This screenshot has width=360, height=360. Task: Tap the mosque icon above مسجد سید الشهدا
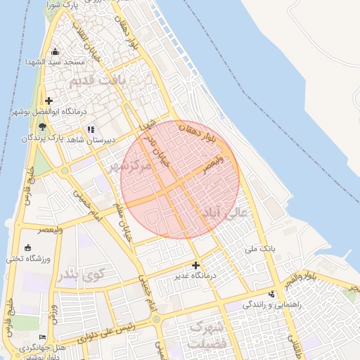56,51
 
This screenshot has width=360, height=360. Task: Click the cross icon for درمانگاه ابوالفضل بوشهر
49,101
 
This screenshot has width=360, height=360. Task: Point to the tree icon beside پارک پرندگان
43,127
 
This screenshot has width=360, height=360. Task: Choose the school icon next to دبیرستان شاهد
91,129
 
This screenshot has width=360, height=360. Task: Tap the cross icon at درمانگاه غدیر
195,265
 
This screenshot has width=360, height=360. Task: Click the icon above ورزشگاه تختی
27,247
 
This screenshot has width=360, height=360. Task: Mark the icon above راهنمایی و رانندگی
272,294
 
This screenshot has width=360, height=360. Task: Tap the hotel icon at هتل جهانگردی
43,337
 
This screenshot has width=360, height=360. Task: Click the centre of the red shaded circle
181,179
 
